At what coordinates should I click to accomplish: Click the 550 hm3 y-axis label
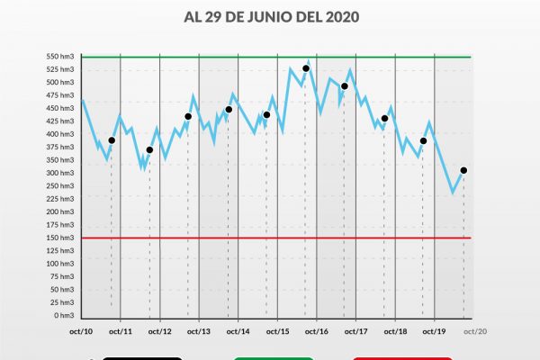61,57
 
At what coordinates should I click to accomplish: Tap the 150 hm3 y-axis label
61,238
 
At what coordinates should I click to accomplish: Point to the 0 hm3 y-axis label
64,315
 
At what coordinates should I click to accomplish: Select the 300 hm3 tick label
61,173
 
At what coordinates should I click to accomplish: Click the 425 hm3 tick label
61,121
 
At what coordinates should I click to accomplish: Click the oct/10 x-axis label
81,331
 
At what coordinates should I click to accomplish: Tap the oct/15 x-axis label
277,331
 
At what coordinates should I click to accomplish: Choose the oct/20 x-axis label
474,331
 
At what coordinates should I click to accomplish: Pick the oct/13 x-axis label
199,331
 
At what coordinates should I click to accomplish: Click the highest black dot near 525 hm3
306,68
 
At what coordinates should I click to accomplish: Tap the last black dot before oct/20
463,170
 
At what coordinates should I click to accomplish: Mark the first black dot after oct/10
112,140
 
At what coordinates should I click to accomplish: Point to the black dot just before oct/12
149,150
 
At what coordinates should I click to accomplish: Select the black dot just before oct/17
345,86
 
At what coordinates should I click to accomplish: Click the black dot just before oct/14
229,110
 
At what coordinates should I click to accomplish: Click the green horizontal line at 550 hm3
270,57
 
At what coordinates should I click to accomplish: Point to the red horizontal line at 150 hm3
270,238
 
